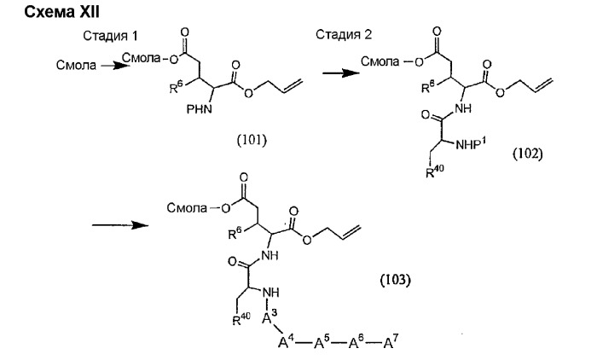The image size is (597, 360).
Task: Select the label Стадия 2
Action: pos(323,35)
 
